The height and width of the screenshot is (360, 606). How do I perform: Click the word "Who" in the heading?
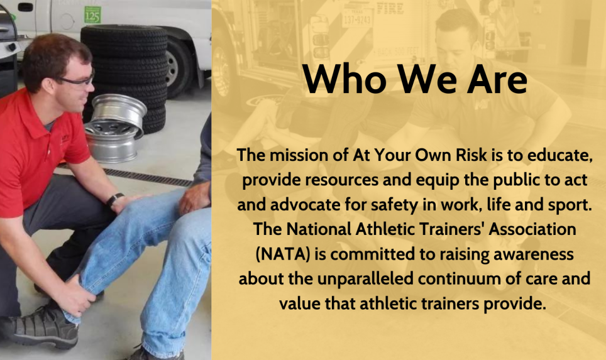344,79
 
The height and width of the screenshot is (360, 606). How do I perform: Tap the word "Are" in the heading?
497,79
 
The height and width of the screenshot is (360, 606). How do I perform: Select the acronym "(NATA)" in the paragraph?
283,254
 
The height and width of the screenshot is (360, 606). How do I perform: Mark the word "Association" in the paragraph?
532,229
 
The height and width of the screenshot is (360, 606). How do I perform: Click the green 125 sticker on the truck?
92,14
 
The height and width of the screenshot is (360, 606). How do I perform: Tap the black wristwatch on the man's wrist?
114,199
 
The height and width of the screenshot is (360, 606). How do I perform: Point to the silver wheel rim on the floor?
115,128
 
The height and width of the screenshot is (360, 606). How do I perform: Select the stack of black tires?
128,74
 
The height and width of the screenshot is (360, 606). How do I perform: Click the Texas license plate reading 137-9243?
356,16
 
